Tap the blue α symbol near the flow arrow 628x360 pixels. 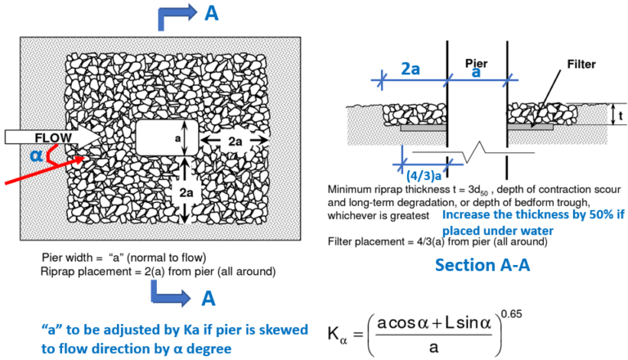point(36,155)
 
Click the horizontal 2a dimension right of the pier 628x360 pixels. point(235,141)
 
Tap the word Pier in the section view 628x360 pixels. point(476,62)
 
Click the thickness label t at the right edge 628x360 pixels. point(621,115)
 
